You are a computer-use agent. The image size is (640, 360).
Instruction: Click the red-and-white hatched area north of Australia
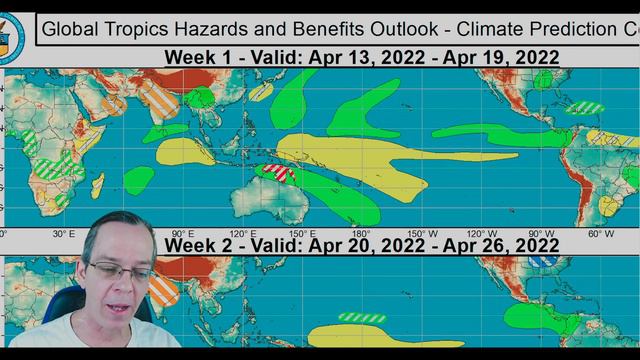tap(275, 173)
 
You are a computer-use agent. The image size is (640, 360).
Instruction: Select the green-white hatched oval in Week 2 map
tap(362, 318)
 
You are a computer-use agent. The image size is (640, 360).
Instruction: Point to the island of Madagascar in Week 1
tap(98, 186)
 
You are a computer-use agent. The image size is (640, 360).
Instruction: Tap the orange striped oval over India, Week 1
tap(159, 100)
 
